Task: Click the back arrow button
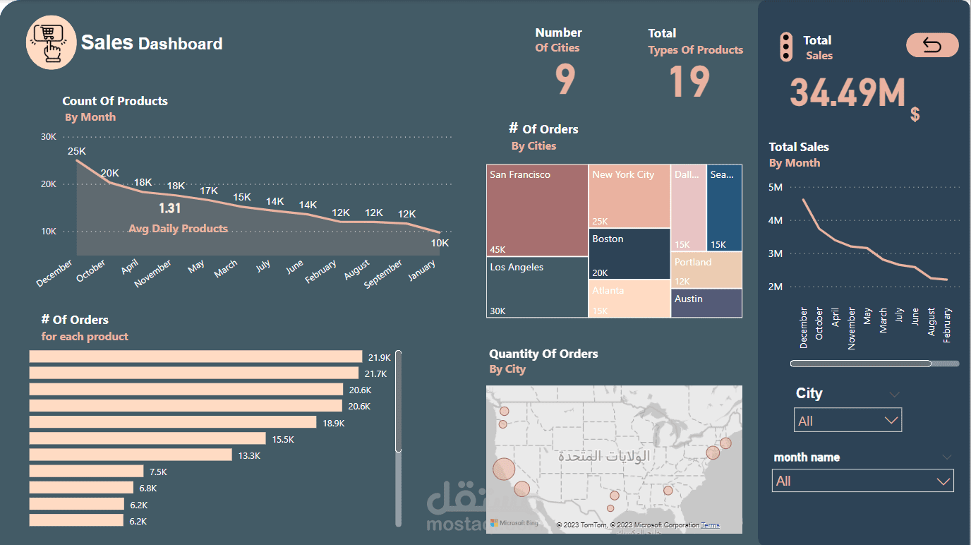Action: pyautogui.click(x=932, y=46)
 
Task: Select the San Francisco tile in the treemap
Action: pyautogui.click(x=537, y=210)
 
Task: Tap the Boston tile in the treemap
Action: pyautogui.click(x=629, y=254)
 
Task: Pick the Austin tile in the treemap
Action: pyautogui.click(x=706, y=303)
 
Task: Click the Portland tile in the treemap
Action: pyautogui.click(x=706, y=270)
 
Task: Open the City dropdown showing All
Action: pyautogui.click(x=848, y=421)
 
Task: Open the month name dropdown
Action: pyautogui.click(x=862, y=481)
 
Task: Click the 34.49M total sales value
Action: pyautogui.click(x=847, y=92)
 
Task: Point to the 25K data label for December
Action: pyautogui.click(x=76, y=151)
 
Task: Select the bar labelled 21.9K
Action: pyautogui.click(x=195, y=357)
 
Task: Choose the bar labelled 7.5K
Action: pyautogui.click(x=86, y=471)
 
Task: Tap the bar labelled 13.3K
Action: pyautogui.click(x=131, y=455)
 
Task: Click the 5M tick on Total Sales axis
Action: pyautogui.click(x=775, y=187)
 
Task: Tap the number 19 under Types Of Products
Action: pyautogui.click(x=689, y=81)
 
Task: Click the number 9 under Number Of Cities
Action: pyautogui.click(x=565, y=80)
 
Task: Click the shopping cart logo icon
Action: pyautogui.click(x=51, y=42)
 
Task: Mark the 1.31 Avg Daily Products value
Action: pyautogui.click(x=169, y=208)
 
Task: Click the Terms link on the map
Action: pyautogui.click(x=710, y=525)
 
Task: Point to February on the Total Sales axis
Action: pyautogui.click(x=947, y=325)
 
